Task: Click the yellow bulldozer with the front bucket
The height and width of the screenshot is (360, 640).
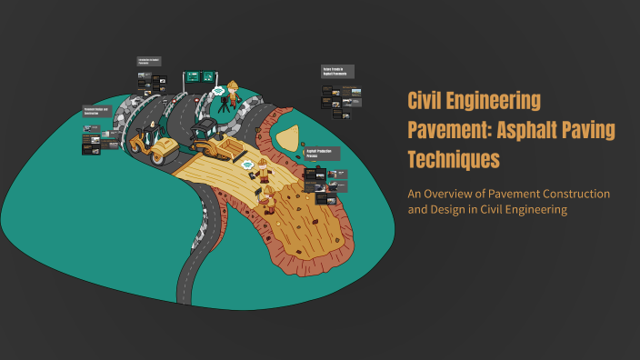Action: coord(210,137)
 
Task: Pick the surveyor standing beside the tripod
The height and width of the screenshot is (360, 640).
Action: coord(234,94)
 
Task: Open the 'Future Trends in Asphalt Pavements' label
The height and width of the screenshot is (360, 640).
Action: coord(336,71)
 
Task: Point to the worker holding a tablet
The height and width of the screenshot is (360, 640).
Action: coord(264,170)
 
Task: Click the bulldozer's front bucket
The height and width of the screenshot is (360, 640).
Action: coord(230,148)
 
